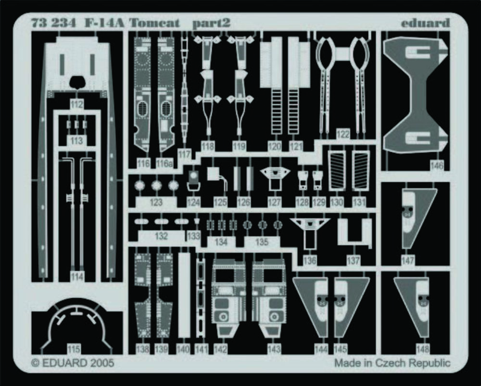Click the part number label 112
point(76,104)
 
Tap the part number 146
point(437,166)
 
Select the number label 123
point(156,203)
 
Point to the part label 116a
point(165,164)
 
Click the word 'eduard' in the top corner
point(425,23)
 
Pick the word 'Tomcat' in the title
point(154,23)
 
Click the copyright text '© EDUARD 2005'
point(73,363)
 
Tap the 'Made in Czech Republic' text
point(392,363)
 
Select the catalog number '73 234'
point(53,23)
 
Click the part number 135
point(262,242)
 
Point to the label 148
point(422,349)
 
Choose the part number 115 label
point(74,349)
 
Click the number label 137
point(353,261)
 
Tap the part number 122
point(342,134)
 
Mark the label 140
point(183,349)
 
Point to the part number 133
point(193,236)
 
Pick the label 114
point(76,276)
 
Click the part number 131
point(359,203)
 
